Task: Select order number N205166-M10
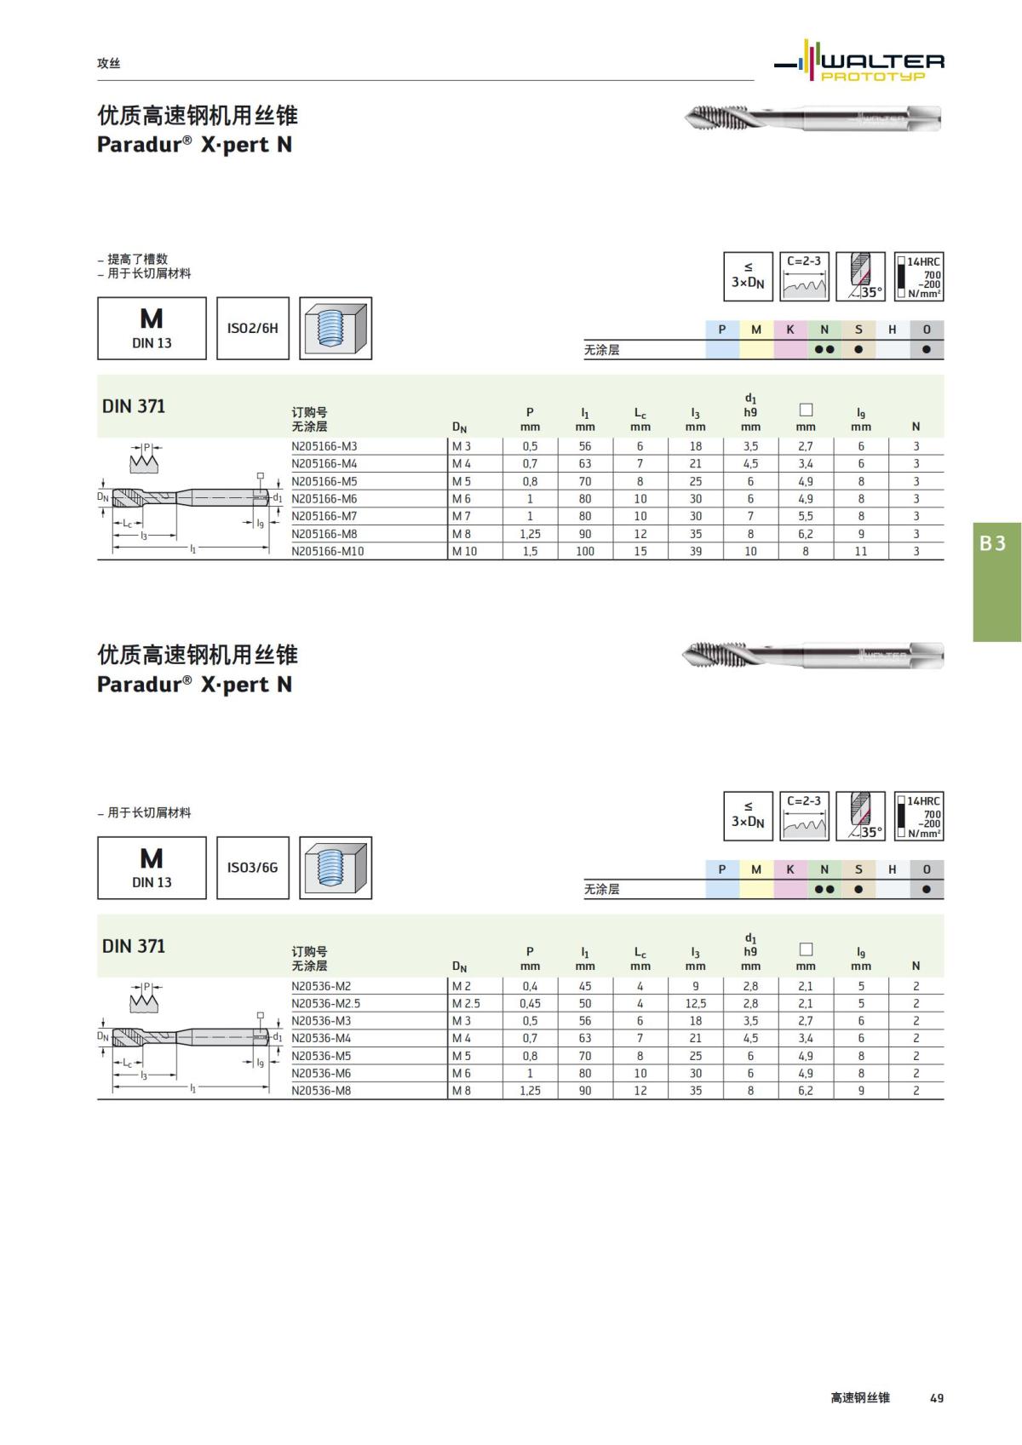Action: (x=328, y=552)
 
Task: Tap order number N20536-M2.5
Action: (x=326, y=1004)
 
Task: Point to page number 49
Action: (x=937, y=1398)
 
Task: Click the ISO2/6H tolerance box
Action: (x=253, y=328)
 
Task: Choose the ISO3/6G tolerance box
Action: (x=253, y=868)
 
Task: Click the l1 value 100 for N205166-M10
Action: (x=585, y=552)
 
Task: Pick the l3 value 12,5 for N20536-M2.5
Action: (x=696, y=1004)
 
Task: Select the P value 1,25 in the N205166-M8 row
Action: (x=530, y=534)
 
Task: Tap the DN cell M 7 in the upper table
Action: (x=462, y=517)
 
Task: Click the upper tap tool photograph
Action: (x=812, y=118)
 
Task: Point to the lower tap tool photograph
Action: (x=812, y=656)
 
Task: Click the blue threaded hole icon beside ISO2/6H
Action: (x=336, y=328)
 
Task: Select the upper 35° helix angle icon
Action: (x=860, y=276)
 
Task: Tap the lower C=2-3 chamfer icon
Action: (x=804, y=816)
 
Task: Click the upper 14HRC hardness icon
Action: (x=919, y=276)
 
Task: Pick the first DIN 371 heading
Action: (x=134, y=406)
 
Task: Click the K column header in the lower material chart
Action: (x=790, y=869)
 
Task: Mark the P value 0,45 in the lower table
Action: (x=530, y=1004)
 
